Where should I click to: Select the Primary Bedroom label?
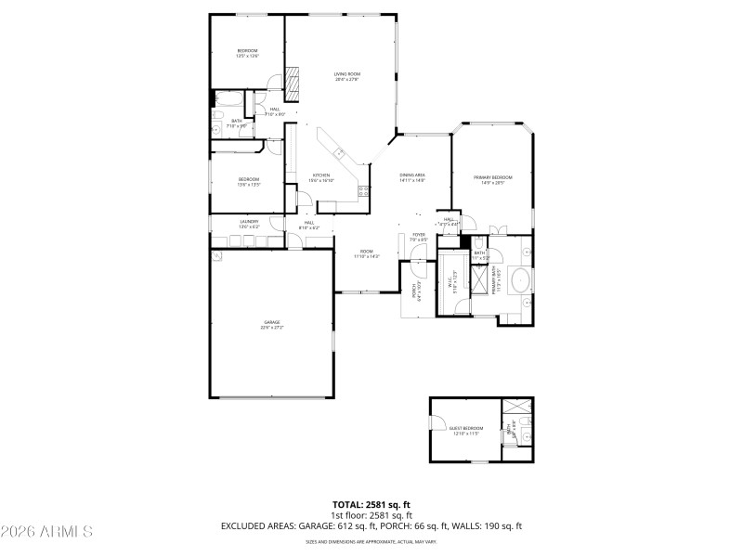click(x=493, y=179)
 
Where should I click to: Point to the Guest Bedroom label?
click(x=467, y=430)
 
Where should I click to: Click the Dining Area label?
click(x=412, y=177)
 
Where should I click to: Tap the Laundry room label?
click(x=248, y=223)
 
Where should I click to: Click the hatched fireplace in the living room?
click(x=293, y=83)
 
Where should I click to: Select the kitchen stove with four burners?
click(x=364, y=191)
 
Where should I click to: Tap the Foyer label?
click(x=419, y=237)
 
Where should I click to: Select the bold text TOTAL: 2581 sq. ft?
click(x=371, y=504)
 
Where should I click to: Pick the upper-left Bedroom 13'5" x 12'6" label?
click(x=247, y=53)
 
